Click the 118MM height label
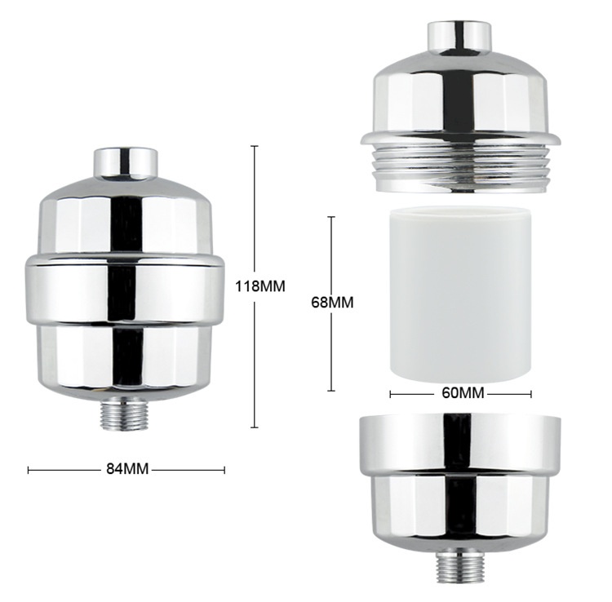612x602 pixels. point(260,286)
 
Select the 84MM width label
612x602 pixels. point(127,468)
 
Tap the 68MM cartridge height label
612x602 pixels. point(332,303)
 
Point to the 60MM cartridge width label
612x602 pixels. point(463,392)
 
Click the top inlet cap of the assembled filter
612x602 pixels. point(126,163)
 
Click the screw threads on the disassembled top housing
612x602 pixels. point(462,169)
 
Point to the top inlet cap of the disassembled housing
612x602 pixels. point(459,38)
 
